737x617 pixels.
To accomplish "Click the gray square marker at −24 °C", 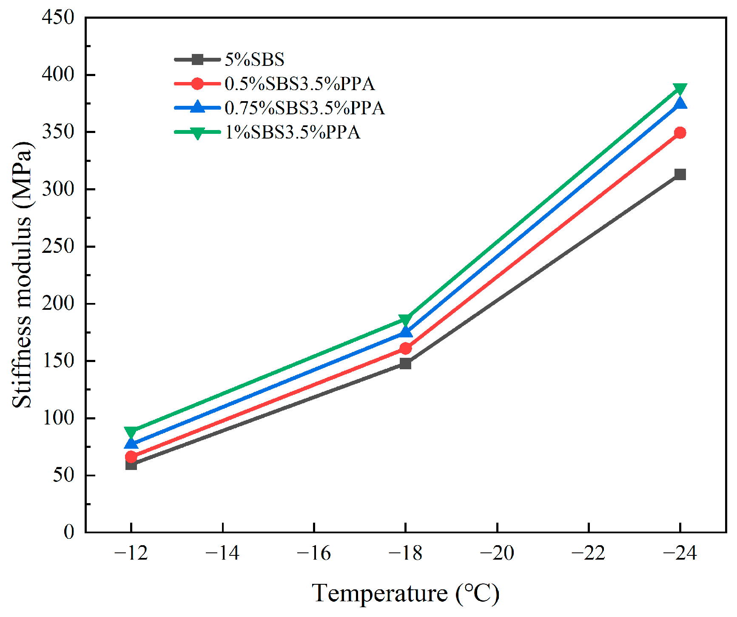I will coord(680,174).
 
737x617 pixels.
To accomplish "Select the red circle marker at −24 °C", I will coord(680,133).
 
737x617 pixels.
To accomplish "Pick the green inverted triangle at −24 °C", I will coord(680,89).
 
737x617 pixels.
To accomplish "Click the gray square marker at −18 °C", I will coord(405,363).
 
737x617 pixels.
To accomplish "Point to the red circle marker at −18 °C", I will coord(405,348).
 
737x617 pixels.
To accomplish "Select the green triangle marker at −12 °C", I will coord(131,433).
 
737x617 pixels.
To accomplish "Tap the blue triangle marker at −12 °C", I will coord(131,444).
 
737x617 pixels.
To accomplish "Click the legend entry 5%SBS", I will coord(254,59).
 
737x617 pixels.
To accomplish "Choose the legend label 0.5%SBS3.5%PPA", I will coord(299,84).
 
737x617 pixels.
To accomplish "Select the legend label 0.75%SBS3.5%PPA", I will coord(304,108).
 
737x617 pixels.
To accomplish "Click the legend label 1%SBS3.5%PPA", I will coord(293,132).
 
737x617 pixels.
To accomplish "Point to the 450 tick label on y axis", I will coord(58,17).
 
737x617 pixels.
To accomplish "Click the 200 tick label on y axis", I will coord(58,303).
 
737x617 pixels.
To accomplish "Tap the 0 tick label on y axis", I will coord(68,532).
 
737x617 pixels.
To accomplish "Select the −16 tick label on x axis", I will coord(313,553).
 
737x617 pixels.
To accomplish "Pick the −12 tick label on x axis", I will coord(131,553).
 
